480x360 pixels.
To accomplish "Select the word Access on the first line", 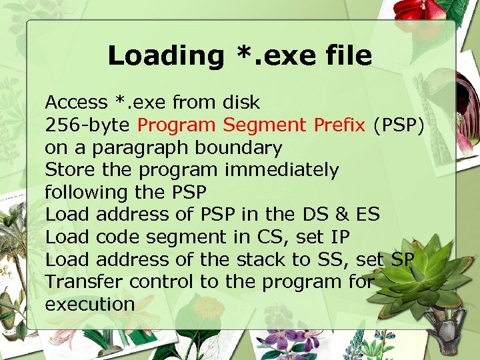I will pyautogui.click(x=76, y=103).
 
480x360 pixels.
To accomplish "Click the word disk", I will pyautogui.click(x=238, y=103).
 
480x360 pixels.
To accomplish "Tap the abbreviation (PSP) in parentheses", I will pyautogui.click(x=399, y=125).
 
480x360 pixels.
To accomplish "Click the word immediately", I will pyautogui.click(x=281, y=170).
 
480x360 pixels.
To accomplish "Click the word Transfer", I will pyautogui.click(x=84, y=282).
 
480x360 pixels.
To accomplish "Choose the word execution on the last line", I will pyautogui.click(x=90, y=305).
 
